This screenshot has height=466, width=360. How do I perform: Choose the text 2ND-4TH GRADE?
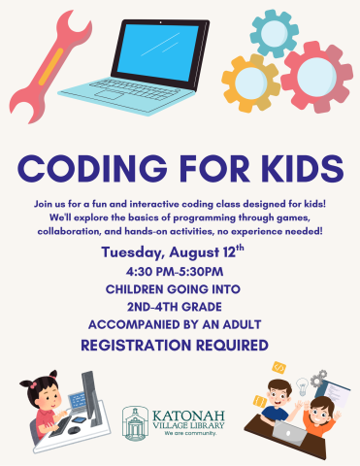click(x=180, y=308)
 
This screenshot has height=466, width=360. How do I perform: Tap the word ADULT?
click(x=247, y=325)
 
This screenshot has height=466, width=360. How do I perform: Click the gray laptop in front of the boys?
click(x=288, y=429)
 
